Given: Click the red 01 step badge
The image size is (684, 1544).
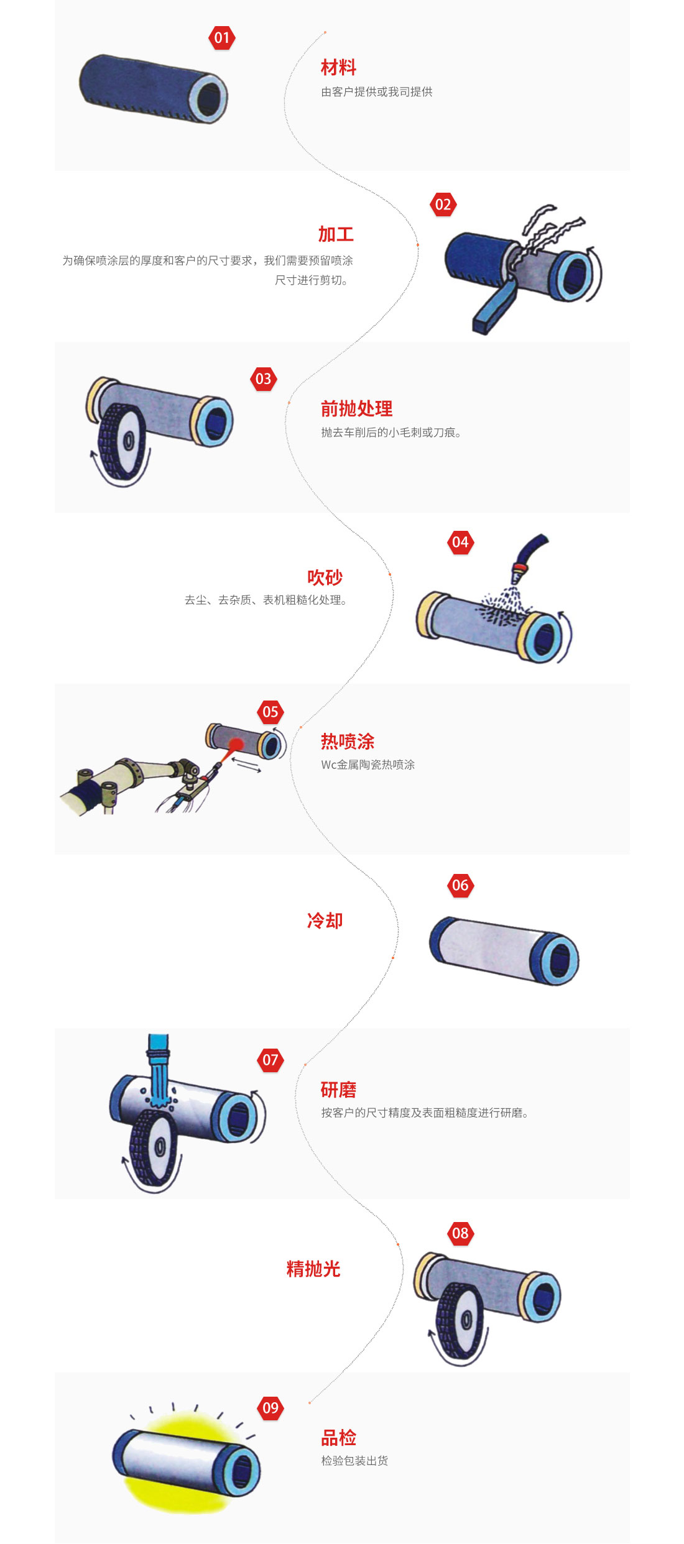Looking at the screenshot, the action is point(222,38).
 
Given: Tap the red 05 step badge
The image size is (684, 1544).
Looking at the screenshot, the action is point(270,712).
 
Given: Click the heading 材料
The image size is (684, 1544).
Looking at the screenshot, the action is point(338,67).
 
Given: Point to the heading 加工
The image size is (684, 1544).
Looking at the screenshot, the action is point(336,234).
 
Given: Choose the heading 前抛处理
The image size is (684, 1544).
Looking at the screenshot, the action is point(356,408).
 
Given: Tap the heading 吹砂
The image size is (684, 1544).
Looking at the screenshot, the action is point(325,577).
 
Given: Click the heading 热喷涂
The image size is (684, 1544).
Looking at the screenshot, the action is point(348,742).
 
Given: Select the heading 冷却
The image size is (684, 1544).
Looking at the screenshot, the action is point(325,921).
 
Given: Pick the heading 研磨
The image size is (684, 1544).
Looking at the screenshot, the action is point(338,1090).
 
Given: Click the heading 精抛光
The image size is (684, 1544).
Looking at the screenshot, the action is point(313,1269).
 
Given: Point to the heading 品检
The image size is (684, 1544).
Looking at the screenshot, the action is point(338,1438).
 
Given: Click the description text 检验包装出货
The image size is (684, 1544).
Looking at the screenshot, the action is point(354,1461).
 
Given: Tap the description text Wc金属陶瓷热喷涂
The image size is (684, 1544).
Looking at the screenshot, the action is point(367,765).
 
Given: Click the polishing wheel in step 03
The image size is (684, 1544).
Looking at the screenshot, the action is point(122,441).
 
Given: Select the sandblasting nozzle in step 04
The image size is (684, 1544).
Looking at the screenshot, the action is point(529,556).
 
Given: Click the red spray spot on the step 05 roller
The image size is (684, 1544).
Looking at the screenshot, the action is point(236,744).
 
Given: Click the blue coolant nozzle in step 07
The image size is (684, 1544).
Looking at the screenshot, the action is point(158,1069).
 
